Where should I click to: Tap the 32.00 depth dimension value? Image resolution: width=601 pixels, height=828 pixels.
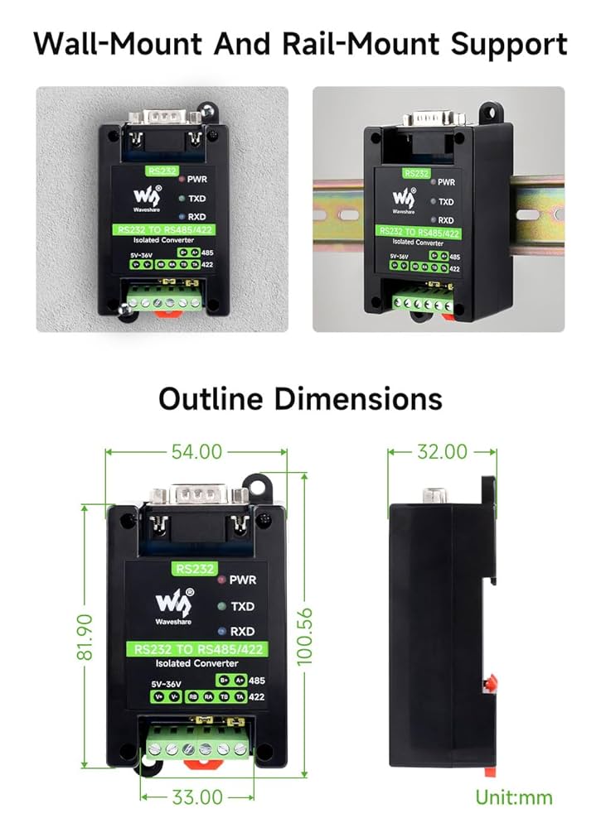coord(443,452)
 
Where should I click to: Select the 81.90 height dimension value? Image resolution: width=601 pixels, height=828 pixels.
coord(86,637)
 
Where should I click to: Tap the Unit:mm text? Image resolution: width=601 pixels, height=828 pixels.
coord(513,797)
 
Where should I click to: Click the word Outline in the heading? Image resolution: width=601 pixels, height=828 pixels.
coord(211,399)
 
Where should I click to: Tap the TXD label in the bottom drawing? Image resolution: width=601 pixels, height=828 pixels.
coord(242,606)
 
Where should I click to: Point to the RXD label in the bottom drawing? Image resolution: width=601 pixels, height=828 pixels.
coord(242,630)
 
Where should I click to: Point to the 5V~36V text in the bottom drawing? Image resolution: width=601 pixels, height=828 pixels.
coord(167,683)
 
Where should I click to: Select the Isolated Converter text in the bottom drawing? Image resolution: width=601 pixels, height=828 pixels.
coord(196,663)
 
